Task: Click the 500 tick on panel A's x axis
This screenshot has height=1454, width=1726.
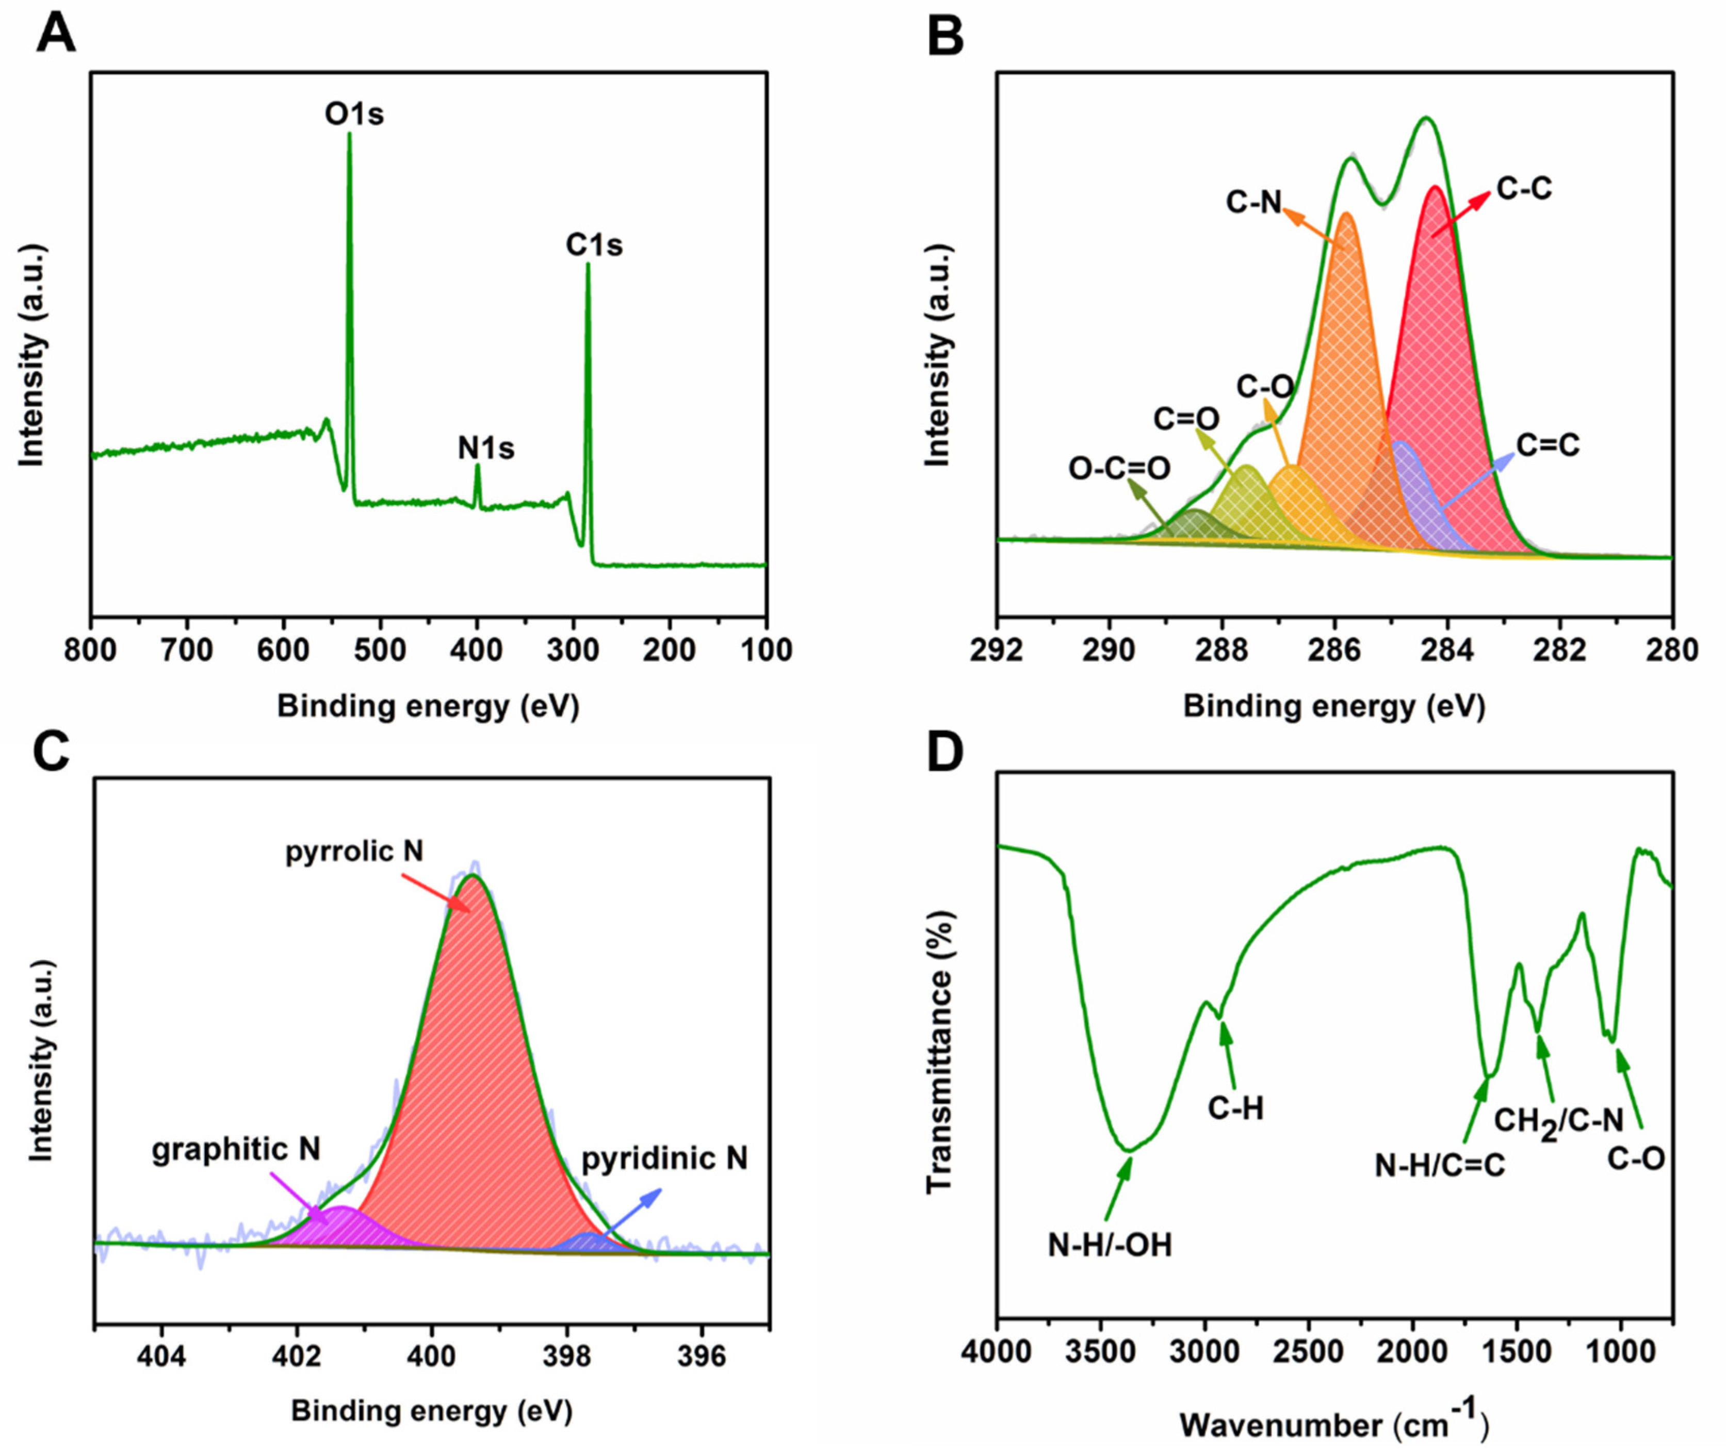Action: tap(380, 650)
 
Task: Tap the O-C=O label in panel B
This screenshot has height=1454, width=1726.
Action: tap(1119, 468)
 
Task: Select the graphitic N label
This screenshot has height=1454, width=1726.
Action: tap(236, 1149)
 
